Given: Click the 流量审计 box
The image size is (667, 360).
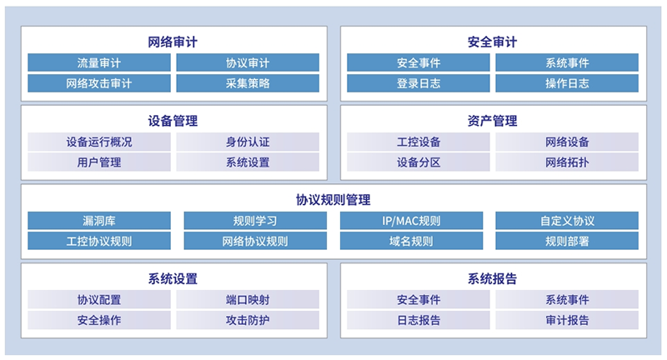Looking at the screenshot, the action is pos(99,62).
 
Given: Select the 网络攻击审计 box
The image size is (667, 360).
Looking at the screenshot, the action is pos(99,83).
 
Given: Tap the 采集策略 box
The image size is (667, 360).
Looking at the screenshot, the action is pos(248,83).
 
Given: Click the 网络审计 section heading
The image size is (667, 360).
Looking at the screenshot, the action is pos(173,42).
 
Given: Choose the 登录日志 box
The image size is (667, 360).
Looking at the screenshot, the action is pos(419,83).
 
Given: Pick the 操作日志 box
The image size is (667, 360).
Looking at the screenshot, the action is pos(567,83).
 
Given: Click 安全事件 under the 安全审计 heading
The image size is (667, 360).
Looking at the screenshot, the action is pos(419,62).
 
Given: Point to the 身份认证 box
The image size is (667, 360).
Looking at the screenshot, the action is pos(248,142).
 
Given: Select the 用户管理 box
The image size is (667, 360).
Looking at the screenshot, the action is pos(99,162).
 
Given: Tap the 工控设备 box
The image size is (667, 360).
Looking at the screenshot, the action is pos(419,142).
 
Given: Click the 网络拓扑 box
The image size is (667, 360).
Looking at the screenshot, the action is pos(567,162).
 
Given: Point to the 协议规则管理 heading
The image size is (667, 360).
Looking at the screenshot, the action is pos(333,200).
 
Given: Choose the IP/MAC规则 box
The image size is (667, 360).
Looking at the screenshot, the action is pos(411,221).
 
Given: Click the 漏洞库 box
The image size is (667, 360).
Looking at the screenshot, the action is pos(99,221).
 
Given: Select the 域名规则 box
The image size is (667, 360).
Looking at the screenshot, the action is pos(411,241).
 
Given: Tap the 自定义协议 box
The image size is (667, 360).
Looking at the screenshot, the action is pos(567,221).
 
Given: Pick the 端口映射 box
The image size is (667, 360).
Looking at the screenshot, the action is pos(248,299).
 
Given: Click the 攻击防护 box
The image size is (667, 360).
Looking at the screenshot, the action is pos(248,320).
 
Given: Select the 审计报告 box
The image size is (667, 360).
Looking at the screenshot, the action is pos(567,320).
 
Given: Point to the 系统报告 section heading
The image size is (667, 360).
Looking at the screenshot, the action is pos(492,279).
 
